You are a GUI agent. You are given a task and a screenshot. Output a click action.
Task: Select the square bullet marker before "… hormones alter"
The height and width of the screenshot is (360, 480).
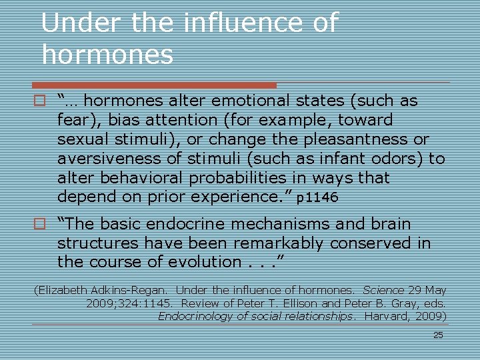(40, 101)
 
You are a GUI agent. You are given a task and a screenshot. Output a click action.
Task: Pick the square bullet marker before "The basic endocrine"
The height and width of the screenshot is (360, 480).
(40, 224)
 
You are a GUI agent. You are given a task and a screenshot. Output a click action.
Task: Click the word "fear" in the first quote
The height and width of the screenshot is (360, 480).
(73, 121)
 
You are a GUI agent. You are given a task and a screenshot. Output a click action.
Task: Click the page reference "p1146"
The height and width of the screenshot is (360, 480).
(317, 198)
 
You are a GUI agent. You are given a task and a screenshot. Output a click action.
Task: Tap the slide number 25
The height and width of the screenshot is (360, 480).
(438, 335)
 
